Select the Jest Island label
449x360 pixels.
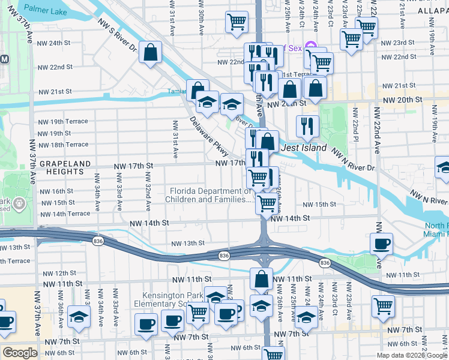[304, 148]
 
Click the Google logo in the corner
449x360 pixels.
[20, 353]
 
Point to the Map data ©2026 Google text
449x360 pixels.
[412, 355]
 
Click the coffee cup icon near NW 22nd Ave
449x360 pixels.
[381, 244]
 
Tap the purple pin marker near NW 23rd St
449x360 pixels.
[310, 46]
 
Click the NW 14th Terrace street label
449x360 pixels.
[64, 214]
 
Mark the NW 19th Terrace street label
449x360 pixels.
[63, 121]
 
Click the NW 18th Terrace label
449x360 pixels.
[63, 145]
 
